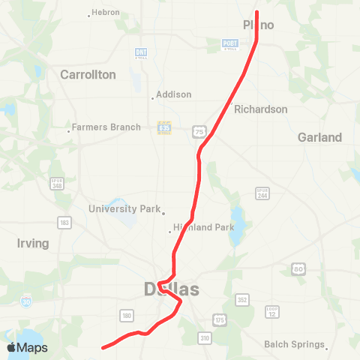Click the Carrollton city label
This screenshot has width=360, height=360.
pyautogui.click(x=88, y=75)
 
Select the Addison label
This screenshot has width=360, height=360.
pyautogui.click(x=174, y=95)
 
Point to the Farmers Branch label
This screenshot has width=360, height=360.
pyautogui.click(x=107, y=127)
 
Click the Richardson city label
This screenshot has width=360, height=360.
pyautogui.click(x=260, y=109)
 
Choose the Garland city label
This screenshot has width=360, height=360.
pyautogui.click(x=319, y=137)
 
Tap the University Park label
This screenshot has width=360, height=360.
pyautogui.click(x=124, y=209)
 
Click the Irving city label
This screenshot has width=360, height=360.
pyautogui.click(x=32, y=244)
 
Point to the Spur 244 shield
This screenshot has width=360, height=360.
pyautogui.click(x=262, y=193)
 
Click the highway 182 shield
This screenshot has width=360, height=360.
pyautogui.click(x=64, y=223)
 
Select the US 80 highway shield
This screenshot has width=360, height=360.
pyautogui.click(x=298, y=268)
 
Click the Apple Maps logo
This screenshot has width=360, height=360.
pyautogui.click(x=27, y=347)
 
